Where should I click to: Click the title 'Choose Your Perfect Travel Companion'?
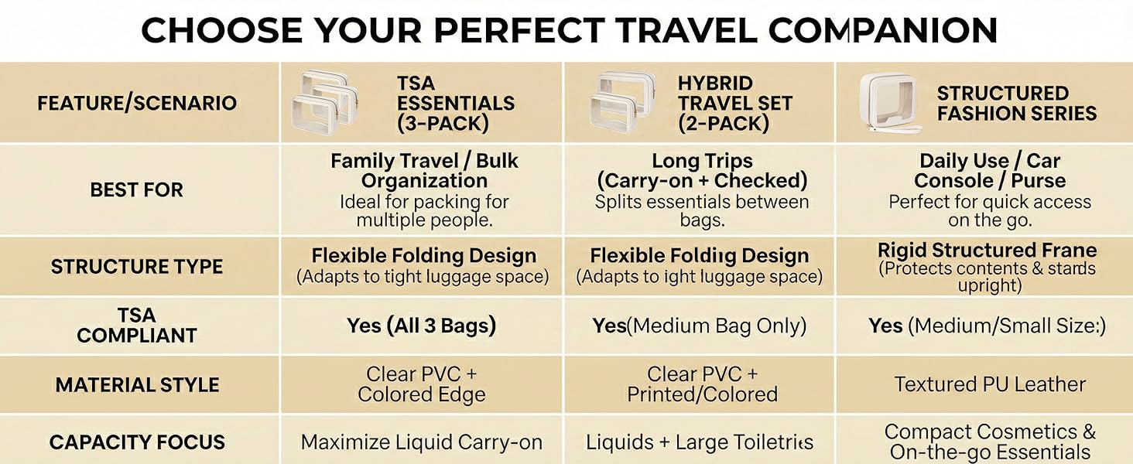[x=569, y=30]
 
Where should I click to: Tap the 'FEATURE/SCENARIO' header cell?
[x=137, y=103]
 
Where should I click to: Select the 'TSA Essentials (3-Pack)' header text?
[x=455, y=103]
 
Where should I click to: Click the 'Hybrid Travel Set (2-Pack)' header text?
[x=735, y=103]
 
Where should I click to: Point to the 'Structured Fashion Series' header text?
[x=1016, y=103]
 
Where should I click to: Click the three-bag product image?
[x=326, y=103]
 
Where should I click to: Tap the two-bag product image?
[x=624, y=103]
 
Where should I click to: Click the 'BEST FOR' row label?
[x=137, y=189]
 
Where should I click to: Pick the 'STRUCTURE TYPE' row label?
[x=137, y=267]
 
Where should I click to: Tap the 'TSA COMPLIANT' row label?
[x=137, y=326]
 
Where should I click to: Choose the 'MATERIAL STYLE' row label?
[x=137, y=384]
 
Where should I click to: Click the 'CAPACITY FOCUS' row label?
[x=137, y=442]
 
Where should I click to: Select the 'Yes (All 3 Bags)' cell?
[x=421, y=326]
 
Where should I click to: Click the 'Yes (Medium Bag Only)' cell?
[x=700, y=326]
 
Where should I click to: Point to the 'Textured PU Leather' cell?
[x=990, y=384]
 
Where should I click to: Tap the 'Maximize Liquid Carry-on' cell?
[x=421, y=442]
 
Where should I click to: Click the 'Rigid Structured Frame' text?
[x=987, y=251]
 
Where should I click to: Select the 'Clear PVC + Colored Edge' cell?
[x=421, y=384]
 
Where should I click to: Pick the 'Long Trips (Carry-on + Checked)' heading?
[x=702, y=171]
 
